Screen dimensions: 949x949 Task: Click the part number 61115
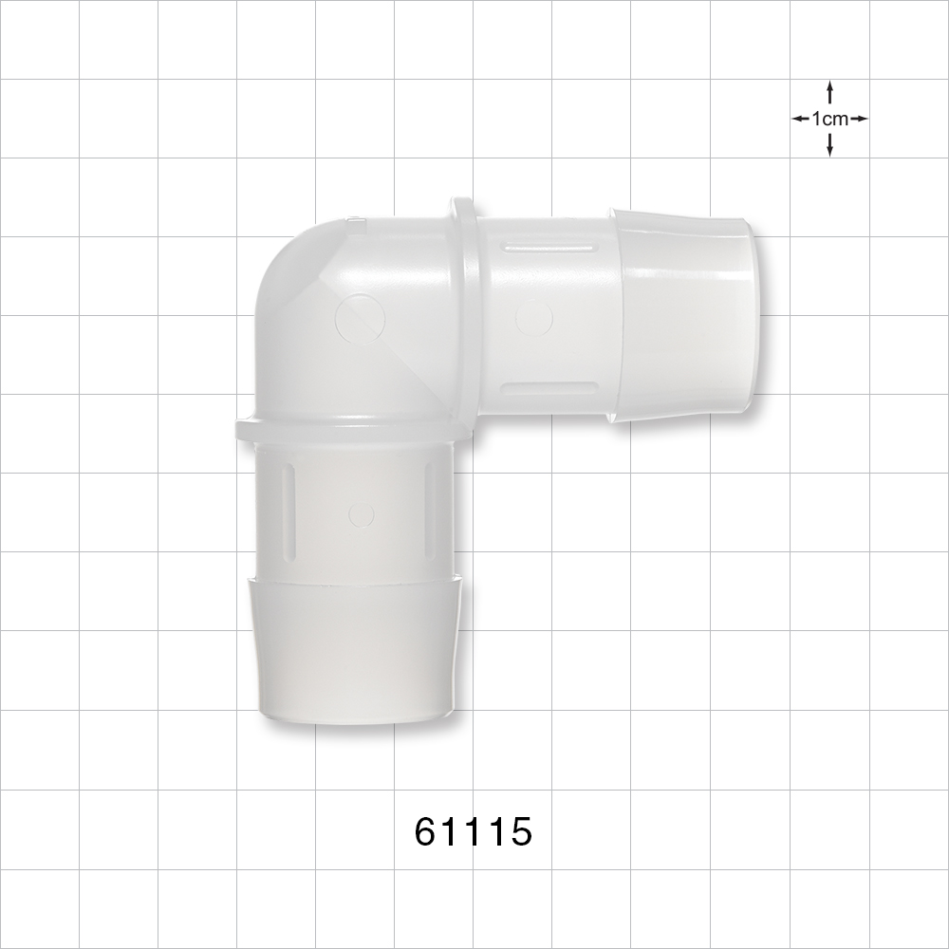coord(474,831)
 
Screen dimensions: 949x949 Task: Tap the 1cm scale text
coord(829,119)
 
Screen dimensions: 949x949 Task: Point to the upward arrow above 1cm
coord(829,94)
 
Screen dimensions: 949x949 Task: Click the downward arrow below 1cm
coord(829,144)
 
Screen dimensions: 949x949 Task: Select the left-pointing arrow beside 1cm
coord(801,119)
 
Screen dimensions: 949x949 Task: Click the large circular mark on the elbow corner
coord(361,319)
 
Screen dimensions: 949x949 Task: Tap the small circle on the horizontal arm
coord(533,318)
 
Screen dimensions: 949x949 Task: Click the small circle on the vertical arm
coord(362,514)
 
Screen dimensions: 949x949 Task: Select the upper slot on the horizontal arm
coord(549,247)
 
